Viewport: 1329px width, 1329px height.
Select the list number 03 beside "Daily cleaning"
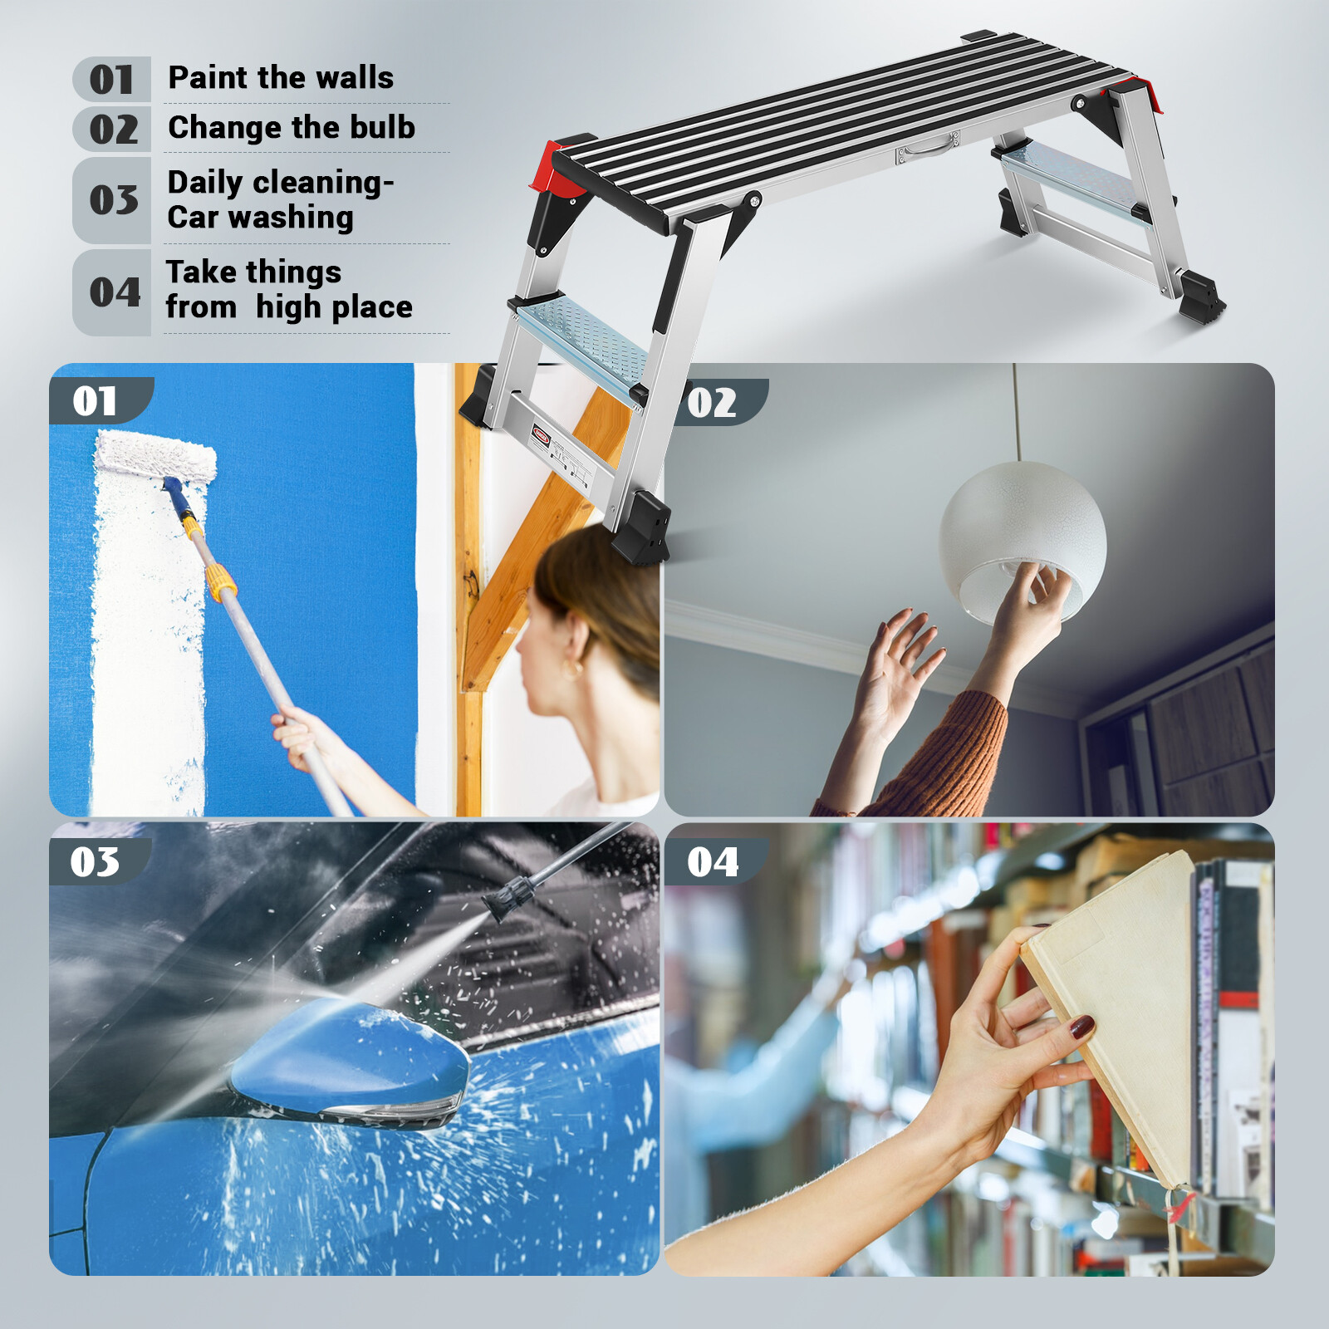114,200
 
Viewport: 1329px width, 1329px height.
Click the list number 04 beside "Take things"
115,292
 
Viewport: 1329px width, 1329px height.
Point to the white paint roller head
155,456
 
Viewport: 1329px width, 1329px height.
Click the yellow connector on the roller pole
221,582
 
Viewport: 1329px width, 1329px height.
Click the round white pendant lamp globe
1022,532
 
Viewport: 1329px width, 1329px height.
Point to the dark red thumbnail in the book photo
1081,1028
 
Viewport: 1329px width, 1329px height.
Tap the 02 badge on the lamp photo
713,403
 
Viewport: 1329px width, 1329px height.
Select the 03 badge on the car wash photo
95,862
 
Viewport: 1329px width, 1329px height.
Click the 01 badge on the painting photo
95,401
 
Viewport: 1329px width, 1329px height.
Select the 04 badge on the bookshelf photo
713,862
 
